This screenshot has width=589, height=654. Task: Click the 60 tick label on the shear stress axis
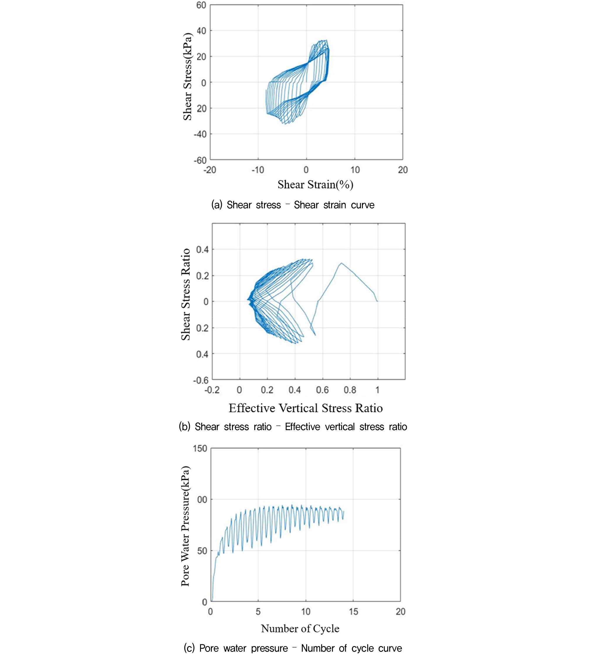pyautogui.click(x=201, y=5)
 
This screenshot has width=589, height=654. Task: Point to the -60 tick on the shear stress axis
pyautogui.click(x=200, y=160)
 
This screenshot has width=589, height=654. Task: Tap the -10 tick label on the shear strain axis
pyautogui.click(x=258, y=170)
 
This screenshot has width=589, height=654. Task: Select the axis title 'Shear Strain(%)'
pyautogui.click(x=315, y=185)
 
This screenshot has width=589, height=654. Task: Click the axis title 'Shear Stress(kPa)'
pyautogui.click(x=187, y=77)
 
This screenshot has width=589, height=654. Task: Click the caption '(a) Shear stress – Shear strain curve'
pyautogui.click(x=292, y=205)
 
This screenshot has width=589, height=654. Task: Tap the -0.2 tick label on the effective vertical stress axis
pyautogui.click(x=212, y=390)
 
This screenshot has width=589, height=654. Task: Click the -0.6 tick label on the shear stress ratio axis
pyautogui.click(x=201, y=380)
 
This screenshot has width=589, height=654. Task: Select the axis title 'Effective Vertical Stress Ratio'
pyautogui.click(x=306, y=408)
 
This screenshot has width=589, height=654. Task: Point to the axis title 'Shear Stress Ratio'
pyautogui.click(x=185, y=294)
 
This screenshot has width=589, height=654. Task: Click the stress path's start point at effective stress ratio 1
pyautogui.click(x=377, y=301)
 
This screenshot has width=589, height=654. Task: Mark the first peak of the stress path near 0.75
pyautogui.click(x=341, y=263)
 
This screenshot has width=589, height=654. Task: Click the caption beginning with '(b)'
pyautogui.click(x=293, y=427)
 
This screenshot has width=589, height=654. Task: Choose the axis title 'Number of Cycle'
pyautogui.click(x=300, y=628)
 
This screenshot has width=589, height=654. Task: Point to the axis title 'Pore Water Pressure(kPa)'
pyautogui.click(x=185, y=526)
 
